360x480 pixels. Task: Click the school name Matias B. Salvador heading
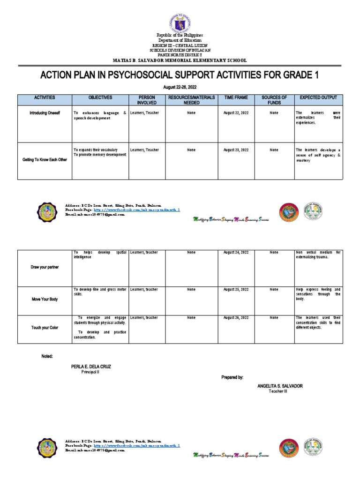(180, 60)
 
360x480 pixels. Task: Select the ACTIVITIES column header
(45, 97)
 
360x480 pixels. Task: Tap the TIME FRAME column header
(236, 97)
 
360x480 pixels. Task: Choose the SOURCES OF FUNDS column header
(274, 100)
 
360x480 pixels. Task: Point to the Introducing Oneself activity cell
(45, 113)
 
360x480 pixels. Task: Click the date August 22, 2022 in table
(236, 113)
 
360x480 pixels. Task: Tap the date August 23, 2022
(236, 150)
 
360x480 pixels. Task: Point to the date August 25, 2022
(236, 290)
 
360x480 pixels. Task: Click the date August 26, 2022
(236, 318)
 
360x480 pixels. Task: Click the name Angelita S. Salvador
(280, 386)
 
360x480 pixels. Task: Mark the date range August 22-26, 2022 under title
(180, 88)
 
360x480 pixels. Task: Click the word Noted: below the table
(47, 356)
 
